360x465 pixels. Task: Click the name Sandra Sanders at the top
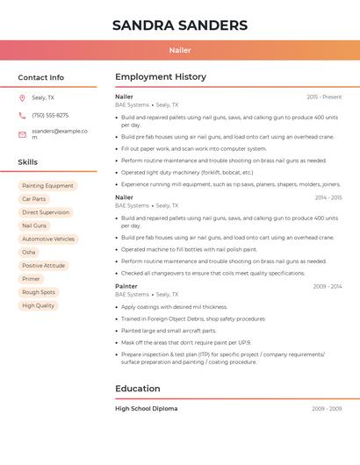(x=180, y=25)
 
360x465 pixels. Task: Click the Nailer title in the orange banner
(x=180, y=50)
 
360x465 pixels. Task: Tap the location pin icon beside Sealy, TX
(x=22, y=97)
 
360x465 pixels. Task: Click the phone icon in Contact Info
(x=22, y=115)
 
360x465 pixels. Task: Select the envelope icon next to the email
(x=22, y=134)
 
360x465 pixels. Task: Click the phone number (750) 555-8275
(x=50, y=115)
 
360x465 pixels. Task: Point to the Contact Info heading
(x=41, y=77)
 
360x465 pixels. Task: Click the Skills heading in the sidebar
(x=28, y=162)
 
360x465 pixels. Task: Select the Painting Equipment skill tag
(x=47, y=186)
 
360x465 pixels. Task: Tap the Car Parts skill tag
(x=33, y=199)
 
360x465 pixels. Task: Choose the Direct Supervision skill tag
(x=46, y=212)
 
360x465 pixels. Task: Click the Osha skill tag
(x=29, y=252)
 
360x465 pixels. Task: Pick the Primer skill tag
(x=31, y=279)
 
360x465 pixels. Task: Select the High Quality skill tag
(x=39, y=305)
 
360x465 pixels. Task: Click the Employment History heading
(x=161, y=77)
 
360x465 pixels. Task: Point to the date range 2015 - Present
(x=324, y=97)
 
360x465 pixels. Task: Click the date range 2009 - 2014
(x=327, y=286)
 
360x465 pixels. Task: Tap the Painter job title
(x=126, y=286)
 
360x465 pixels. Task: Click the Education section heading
(x=138, y=389)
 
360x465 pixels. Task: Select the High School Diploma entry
(x=146, y=409)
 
